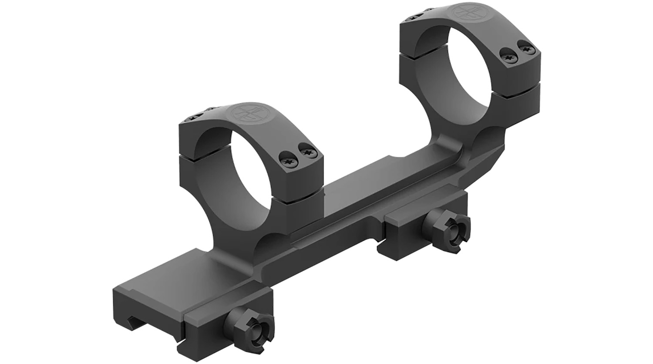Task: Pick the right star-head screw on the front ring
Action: [x=310, y=152]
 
